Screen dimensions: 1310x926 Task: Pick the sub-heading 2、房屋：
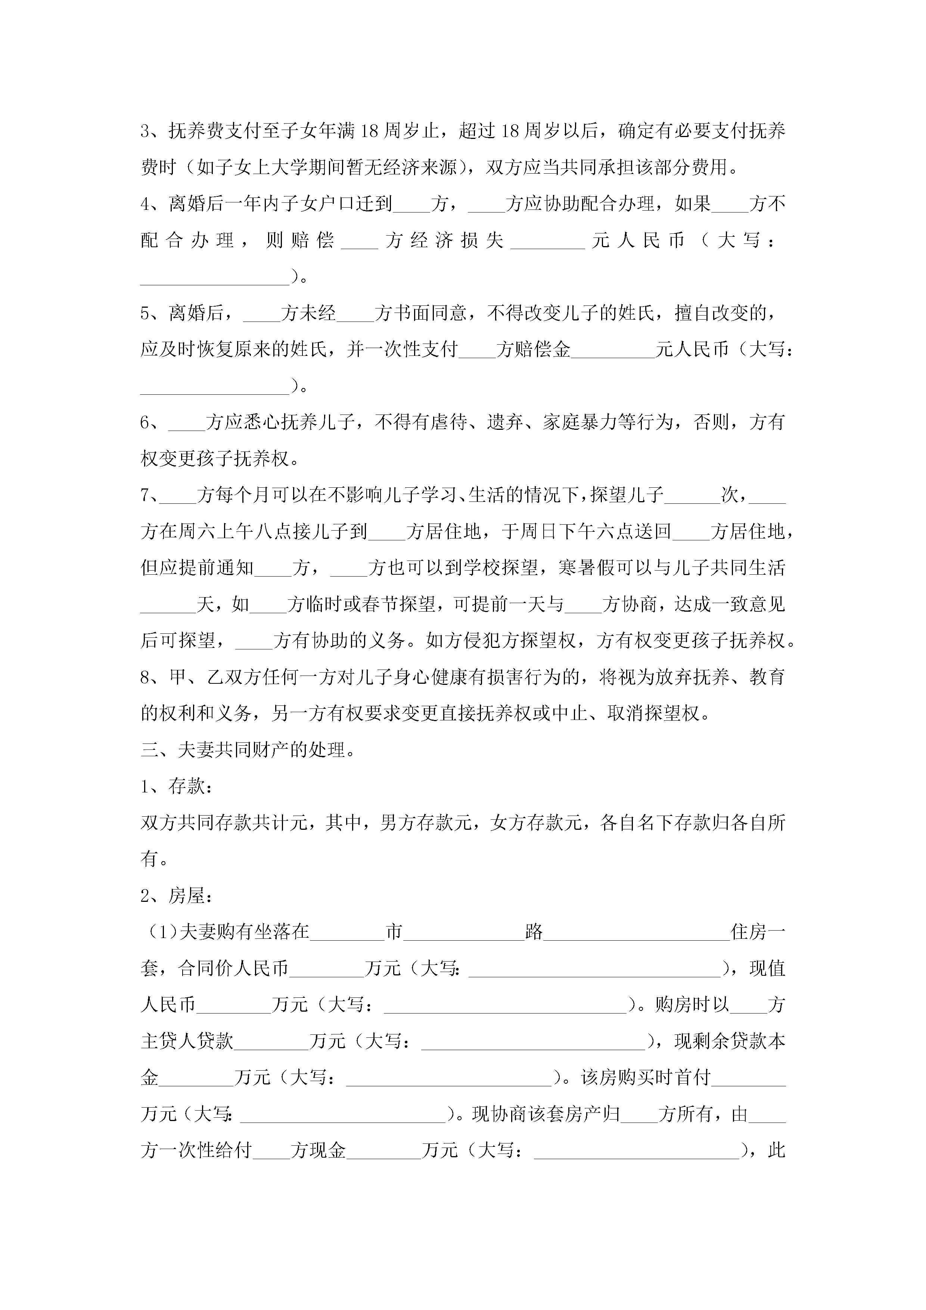point(177,896)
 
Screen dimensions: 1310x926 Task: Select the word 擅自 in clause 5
point(693,313)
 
